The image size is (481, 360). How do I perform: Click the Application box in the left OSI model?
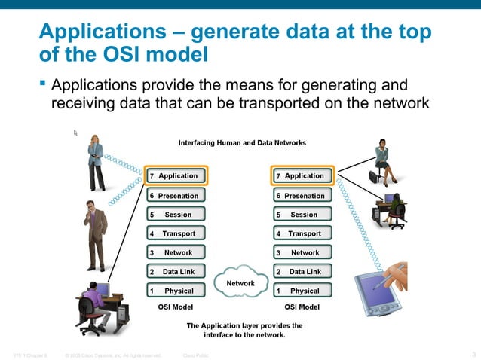coord(176,176)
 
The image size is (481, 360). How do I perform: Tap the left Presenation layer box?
coord(176,196)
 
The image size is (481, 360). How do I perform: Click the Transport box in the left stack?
coord(176,233)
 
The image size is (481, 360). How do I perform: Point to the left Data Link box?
coord(176,271)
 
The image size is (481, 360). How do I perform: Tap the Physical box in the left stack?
coord(176,291)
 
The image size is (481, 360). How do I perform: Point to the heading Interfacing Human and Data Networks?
coord(241,142)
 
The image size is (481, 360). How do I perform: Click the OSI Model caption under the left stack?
coord(176,307)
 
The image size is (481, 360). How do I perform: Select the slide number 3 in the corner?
coord(473,354)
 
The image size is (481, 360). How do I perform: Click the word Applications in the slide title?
coord(94,32)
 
